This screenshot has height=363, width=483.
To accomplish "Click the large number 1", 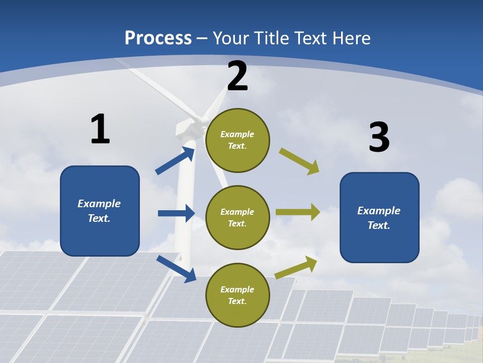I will coord(100,129).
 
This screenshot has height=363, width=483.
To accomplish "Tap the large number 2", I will coord(237,76).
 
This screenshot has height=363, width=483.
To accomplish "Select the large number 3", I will coord(379,137).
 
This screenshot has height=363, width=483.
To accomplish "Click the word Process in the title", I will coord(158,38).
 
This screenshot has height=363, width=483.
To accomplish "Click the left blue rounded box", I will coord(100,211).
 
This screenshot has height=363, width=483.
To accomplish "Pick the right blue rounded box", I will coord(379,217).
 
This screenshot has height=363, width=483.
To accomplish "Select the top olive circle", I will coord(237,140).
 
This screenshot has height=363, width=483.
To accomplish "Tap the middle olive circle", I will coord(237,217).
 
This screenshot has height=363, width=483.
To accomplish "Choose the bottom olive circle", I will coord(237,295).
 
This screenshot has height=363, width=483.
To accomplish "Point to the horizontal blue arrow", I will coord(176,213).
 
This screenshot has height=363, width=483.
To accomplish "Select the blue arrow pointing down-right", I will coord(176,269).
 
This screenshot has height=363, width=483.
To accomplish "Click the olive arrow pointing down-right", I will coord(299,161).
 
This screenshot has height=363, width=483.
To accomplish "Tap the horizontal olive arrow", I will coord(298,212).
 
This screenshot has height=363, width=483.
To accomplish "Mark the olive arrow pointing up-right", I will coord(296,267).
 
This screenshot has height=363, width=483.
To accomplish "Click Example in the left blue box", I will coord(99,204).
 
